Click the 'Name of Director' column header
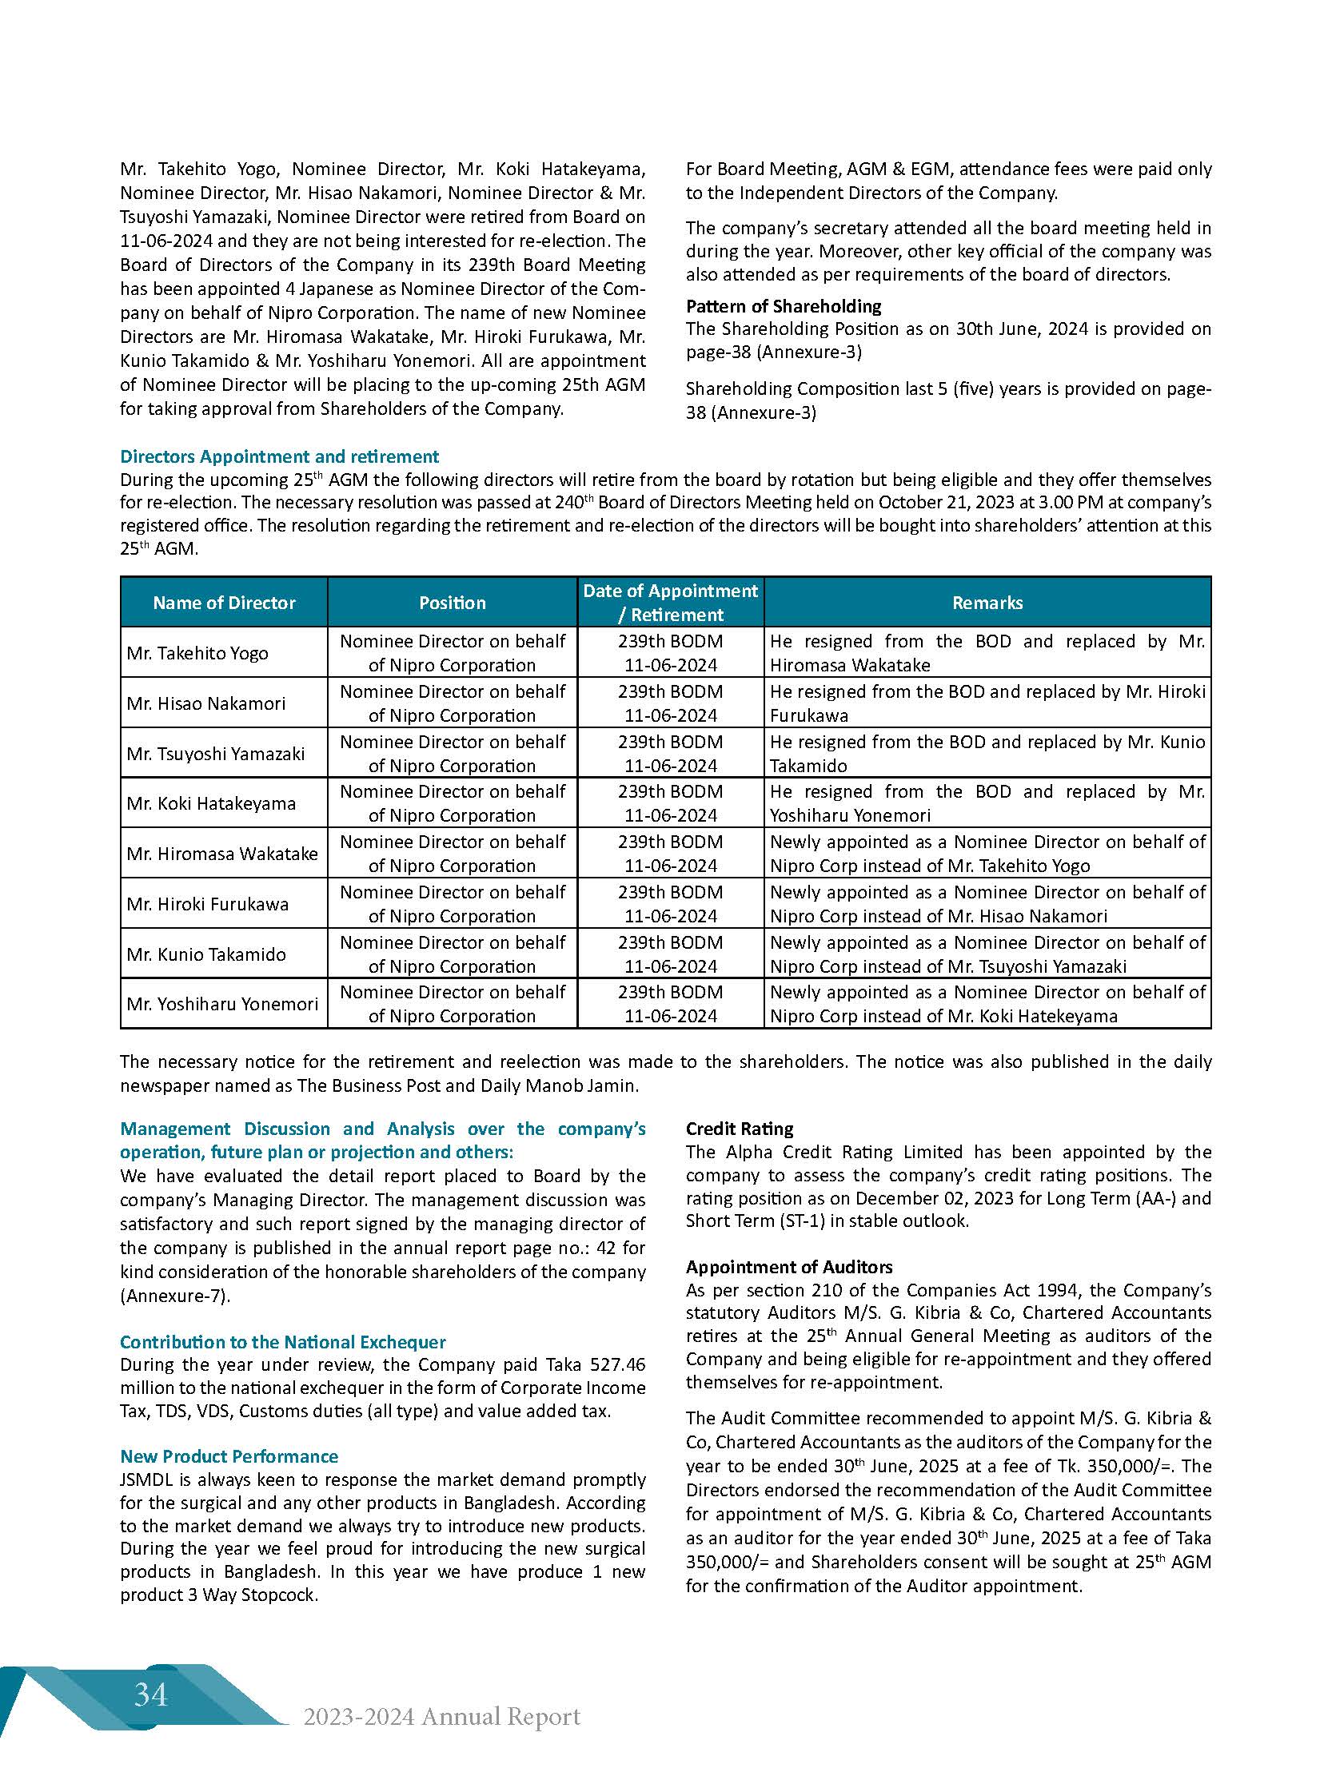224,602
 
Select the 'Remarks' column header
987,602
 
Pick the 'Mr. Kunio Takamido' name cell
206,954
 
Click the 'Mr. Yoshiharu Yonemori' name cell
222,1004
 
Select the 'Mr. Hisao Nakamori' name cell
206,703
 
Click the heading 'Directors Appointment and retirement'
279,456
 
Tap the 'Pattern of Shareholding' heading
783,306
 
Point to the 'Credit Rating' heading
740,1129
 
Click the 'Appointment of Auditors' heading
788,1266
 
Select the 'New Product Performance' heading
229,1456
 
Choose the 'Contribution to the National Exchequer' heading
282,1341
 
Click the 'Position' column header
452,602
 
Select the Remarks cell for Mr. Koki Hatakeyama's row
987,803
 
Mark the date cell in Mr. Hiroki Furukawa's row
670,904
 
